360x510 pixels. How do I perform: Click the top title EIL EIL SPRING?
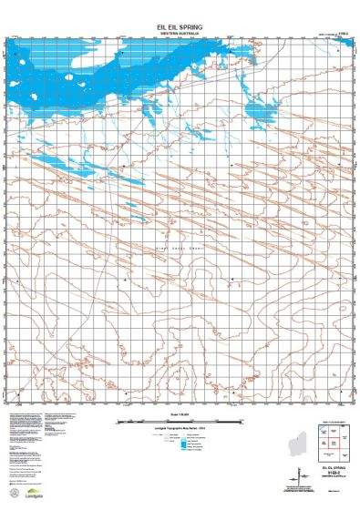click(179, 26)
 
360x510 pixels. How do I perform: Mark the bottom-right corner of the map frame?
click(348, 402)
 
